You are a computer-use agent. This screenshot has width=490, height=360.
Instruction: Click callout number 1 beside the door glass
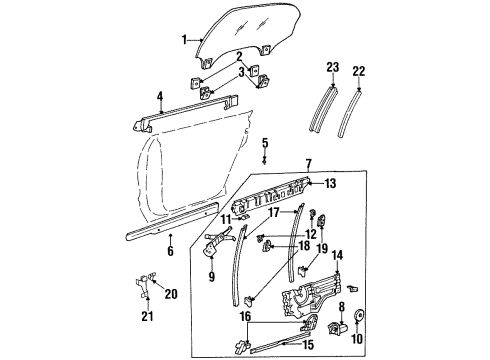click(183, 40)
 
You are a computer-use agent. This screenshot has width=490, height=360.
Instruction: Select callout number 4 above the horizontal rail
click(159, 96)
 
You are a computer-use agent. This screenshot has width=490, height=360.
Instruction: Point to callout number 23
click(333, 68)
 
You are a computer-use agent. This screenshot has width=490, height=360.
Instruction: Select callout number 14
click(337, 256)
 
